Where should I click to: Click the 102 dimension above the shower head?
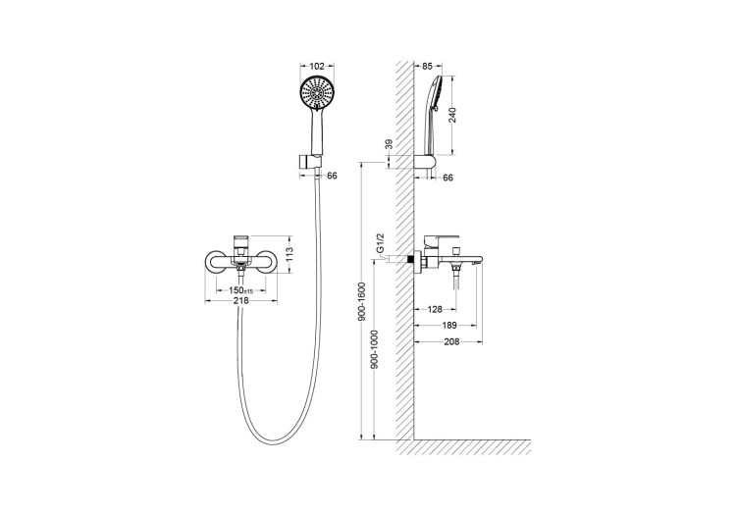point(317,66)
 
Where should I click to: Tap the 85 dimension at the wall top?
point(427,66)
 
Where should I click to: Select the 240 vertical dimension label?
point(452,115)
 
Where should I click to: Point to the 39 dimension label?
point(389,144)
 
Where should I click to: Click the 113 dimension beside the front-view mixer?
point(289,254)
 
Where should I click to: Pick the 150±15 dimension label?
point(241,290)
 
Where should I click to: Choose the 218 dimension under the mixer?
point(240,300)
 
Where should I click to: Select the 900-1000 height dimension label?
point(375,349)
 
